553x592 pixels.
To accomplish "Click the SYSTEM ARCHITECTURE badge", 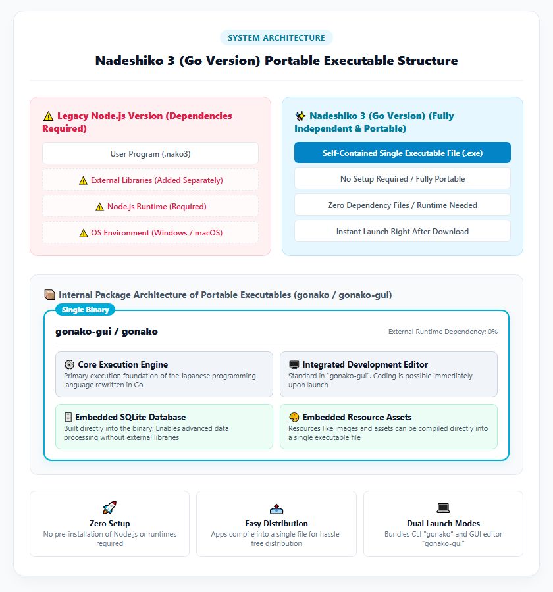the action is [276, 37].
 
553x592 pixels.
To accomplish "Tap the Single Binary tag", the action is [85, 310].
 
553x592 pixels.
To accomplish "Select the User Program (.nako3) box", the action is [151, 154].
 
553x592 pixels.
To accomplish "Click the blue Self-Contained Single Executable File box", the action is [402, 153].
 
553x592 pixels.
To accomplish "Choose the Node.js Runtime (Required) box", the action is [151, 206].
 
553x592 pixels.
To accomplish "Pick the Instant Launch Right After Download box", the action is [402, 231].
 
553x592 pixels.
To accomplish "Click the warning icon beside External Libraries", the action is [83, 180].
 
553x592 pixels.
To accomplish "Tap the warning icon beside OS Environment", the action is [84, 233].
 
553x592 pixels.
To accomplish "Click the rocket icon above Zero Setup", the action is [110, 508].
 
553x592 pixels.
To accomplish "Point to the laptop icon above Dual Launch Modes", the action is [443, 508].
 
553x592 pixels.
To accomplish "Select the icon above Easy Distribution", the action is [276, 508].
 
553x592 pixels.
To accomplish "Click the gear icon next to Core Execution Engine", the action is [69, 364].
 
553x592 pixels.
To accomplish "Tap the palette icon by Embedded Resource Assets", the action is [294, 417].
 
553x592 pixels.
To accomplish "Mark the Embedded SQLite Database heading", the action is [130, 417].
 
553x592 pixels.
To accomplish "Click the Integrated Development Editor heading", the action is [365, 364].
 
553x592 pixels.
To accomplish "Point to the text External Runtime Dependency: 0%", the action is [443, 332].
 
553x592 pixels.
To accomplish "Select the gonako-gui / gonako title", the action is [107, 332].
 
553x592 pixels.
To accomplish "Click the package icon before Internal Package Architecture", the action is [49, 295].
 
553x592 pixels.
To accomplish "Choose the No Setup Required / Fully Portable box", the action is [402, 178].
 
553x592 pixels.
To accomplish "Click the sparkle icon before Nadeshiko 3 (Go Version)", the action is [300, 116].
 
